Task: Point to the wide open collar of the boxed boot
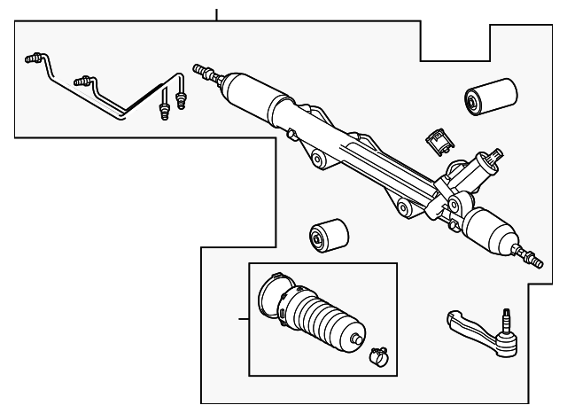tap(271, 299)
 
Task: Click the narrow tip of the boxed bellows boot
tap(354, 339)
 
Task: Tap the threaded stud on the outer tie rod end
tap(506, 316)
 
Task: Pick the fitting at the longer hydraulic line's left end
tap(34, 60)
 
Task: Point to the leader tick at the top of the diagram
tap(216, 13)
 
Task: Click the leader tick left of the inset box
tap(244, 318)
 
